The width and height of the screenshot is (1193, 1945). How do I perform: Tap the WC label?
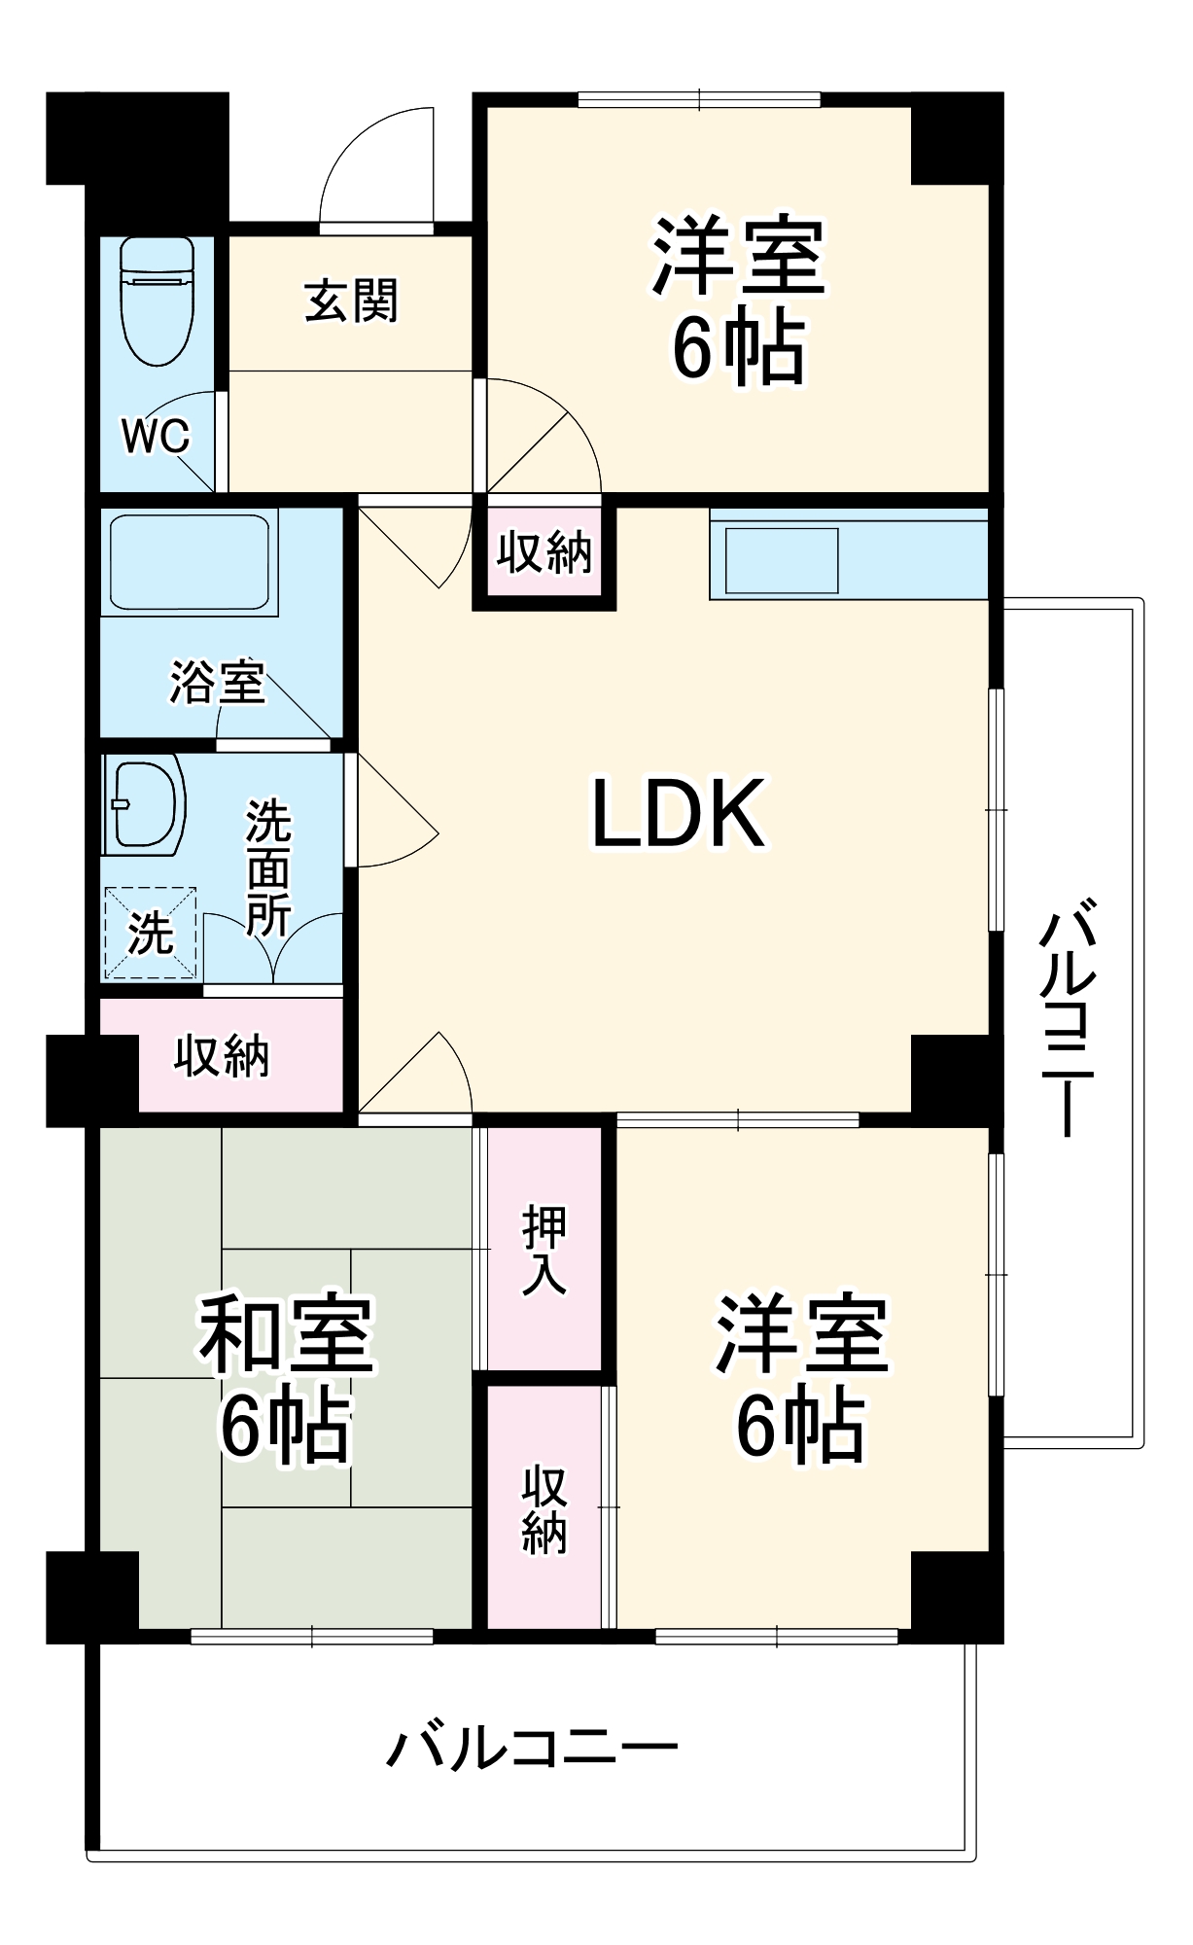click(156, 437)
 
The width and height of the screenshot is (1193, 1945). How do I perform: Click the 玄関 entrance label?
click(351, 301)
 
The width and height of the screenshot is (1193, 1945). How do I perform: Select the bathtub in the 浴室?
click(190, 562)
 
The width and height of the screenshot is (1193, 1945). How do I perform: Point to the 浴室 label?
click(217, 682)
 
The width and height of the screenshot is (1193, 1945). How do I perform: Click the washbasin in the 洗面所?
click(147, 805)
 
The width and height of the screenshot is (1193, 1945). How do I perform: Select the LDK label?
click(679, 814)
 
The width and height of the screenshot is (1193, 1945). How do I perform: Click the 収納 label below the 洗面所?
click(222, 1056)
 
